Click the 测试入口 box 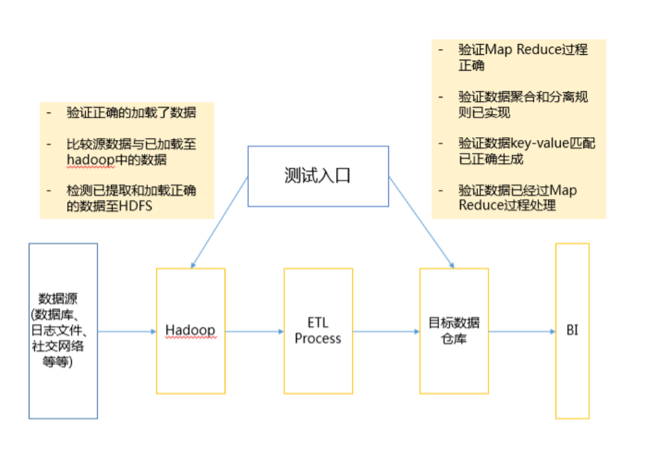317,176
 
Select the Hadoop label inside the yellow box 190,331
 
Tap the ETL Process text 318,331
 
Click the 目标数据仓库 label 453,331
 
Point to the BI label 572,331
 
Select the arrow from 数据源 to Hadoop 127,331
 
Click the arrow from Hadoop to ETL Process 254,331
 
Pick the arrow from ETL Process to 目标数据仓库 386,331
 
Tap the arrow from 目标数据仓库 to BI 521,331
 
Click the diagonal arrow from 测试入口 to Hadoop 219,222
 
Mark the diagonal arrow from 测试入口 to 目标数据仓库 421,222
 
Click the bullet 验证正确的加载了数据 131,113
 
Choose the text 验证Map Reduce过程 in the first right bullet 523,50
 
